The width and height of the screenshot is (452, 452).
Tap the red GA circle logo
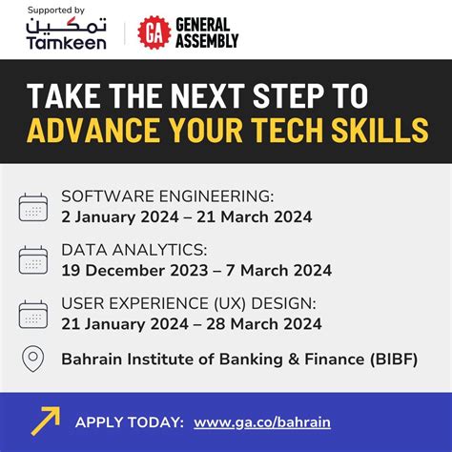[x=154, y=33]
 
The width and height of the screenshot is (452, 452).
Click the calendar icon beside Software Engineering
[x=33, y=207]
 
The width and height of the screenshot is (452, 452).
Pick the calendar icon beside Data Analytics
[x=33, y=260]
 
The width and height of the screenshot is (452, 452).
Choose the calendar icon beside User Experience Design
[x=33, y=314]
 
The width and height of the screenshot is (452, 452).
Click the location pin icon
[x=33, y=360]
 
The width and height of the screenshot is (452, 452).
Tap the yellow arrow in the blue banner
[x=45, y=421]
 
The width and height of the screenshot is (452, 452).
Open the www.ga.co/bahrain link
[x=257, y=421]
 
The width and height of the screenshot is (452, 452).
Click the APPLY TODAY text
[x=129, y=421]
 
